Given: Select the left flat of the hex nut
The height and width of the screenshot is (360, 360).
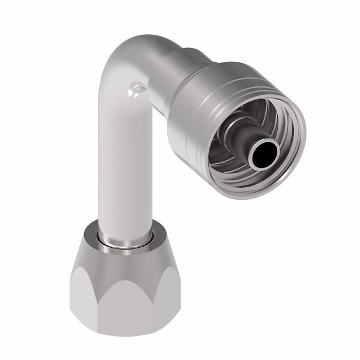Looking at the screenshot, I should click(x=81, y=294).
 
